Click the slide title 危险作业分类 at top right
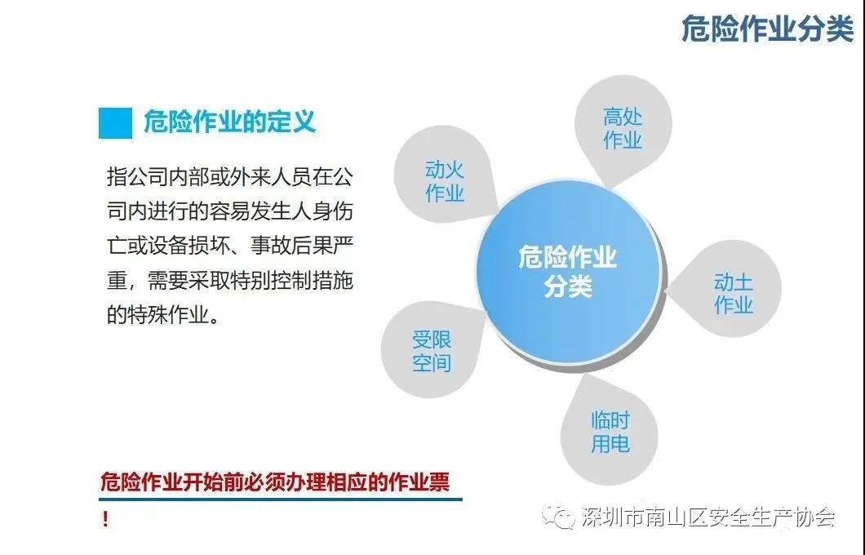(767, 29)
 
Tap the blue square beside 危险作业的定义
(115, 122)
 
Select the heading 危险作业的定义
(229, 122)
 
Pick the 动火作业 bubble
(444, 176)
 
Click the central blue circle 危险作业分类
(568, 272)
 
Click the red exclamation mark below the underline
(104, 519)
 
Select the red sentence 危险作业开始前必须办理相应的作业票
(275, 481)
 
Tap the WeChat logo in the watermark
(558, 516)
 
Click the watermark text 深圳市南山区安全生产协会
(708, 517)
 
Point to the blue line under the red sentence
(280, 499)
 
